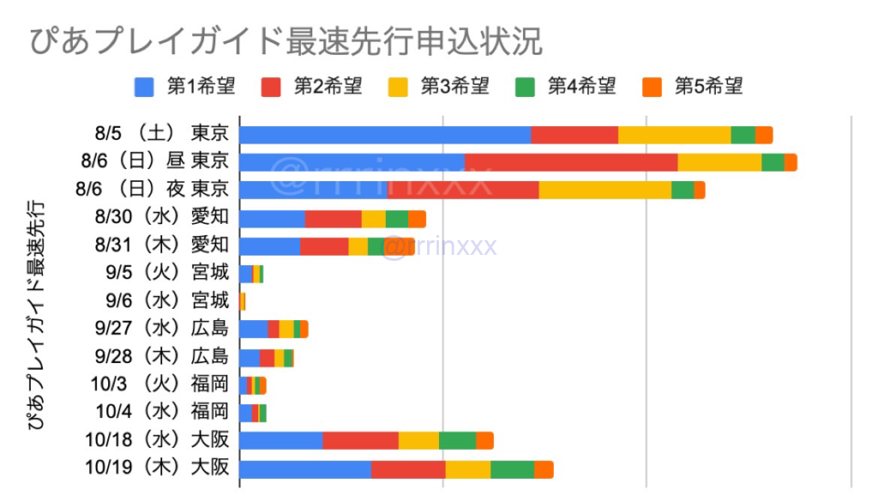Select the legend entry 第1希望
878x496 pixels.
pos(184,86)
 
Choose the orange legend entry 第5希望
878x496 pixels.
pos(692,86)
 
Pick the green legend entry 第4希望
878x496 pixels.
pos(565,86)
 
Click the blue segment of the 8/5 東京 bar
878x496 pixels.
pos(385,135)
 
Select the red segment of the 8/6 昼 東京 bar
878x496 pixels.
pos(571,162)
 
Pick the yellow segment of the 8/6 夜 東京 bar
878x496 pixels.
pos(604,190)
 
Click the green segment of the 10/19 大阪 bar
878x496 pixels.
pos(512,469)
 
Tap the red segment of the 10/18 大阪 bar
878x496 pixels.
pos(360,440)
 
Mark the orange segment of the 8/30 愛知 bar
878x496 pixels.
pos(417,218)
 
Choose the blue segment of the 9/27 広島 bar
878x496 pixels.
pos(254,329)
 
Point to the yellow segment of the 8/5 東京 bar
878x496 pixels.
pos(674,135)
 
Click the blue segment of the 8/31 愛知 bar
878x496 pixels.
pos(269,246)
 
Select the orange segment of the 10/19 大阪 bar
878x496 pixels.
pos(544,469)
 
